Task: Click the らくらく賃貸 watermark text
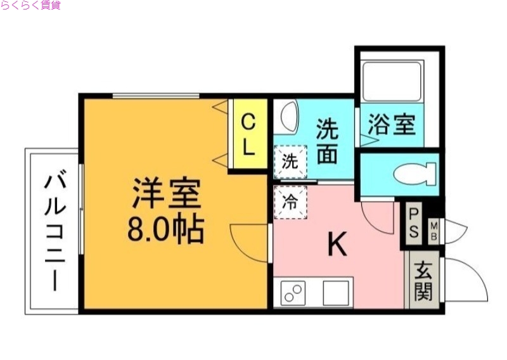click(31, 6)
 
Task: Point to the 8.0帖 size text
click(166, 229)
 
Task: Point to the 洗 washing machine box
click(290, 161)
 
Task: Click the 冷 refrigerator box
click(290, 202)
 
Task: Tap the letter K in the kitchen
click(337, 245)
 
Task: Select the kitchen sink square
click(336, 293)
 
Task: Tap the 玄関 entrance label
click(424, 282)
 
